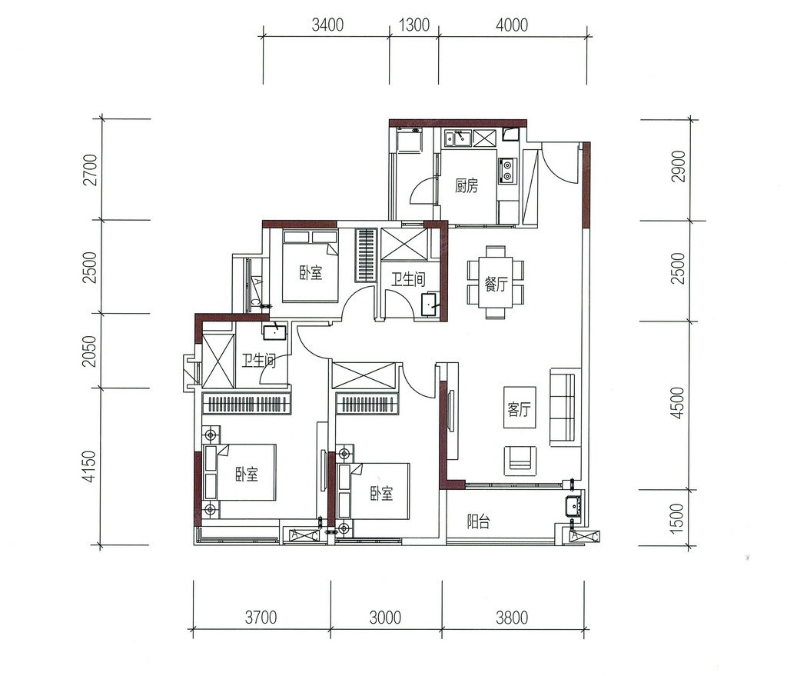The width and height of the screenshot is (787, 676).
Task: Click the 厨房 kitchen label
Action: click(467, 186)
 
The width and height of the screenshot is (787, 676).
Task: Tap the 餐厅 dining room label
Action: click(496, 285)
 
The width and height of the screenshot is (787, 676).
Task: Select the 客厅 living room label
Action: click(519, 409)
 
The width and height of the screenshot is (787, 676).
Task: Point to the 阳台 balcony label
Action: click(478, 521)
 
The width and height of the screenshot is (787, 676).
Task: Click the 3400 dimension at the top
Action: click(327, 25)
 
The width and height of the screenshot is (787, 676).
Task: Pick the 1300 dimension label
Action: click(414, 25)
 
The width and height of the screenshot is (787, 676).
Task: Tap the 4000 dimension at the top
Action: click(512, 25)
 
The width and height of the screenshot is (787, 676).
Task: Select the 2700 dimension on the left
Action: click(91, 170)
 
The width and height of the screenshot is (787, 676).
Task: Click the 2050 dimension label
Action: click(89, 351)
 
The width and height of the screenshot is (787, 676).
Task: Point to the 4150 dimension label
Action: click(89, 467)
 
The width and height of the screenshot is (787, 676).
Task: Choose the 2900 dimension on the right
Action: click(678, 166)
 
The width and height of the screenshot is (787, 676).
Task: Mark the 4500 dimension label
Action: click(677, 403)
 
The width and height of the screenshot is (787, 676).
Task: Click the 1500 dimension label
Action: click(677, 518)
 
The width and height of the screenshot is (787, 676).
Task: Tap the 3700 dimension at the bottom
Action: click(261, 618)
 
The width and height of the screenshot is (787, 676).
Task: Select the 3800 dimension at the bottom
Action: click(512, 618)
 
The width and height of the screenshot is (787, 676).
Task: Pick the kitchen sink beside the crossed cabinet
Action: click(457, 138)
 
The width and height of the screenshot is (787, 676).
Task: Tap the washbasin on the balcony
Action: click(573, 505)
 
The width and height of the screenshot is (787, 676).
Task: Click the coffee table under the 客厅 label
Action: click(520, 408)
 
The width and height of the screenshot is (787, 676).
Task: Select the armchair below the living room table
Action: click(520, 461)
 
